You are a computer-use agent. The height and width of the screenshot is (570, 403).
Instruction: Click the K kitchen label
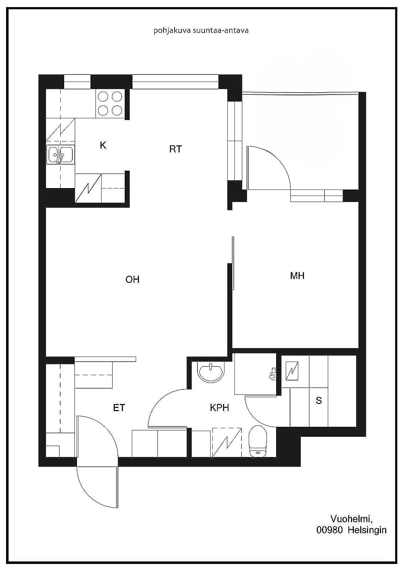click(103, 145)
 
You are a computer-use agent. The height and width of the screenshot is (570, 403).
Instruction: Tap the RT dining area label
click(175, 149)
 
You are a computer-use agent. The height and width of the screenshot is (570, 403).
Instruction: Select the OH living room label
click(133, 279)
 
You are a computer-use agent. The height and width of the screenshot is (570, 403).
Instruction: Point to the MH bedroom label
click(297, 276)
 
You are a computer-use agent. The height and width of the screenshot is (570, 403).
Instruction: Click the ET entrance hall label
click(119, 408)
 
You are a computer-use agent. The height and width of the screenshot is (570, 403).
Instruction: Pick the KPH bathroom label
click(219, 408)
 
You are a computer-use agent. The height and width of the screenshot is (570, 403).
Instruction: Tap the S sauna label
click(319, 400)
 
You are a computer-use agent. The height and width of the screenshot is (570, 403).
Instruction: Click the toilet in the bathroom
click(258, 441)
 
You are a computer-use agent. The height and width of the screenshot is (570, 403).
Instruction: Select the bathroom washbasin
click(211, 372)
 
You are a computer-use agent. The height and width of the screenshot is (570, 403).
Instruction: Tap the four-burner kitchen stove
click(110, 104)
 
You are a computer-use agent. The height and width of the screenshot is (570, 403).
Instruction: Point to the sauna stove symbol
click(292, 371)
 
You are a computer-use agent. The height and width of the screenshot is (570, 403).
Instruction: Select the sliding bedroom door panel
click(233, 263)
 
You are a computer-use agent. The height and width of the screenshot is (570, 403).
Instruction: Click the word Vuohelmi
click(352, 519)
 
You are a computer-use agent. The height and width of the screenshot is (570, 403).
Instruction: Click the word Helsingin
click(367, 531)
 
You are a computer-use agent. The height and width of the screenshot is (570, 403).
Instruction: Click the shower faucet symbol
click(272, 374)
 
